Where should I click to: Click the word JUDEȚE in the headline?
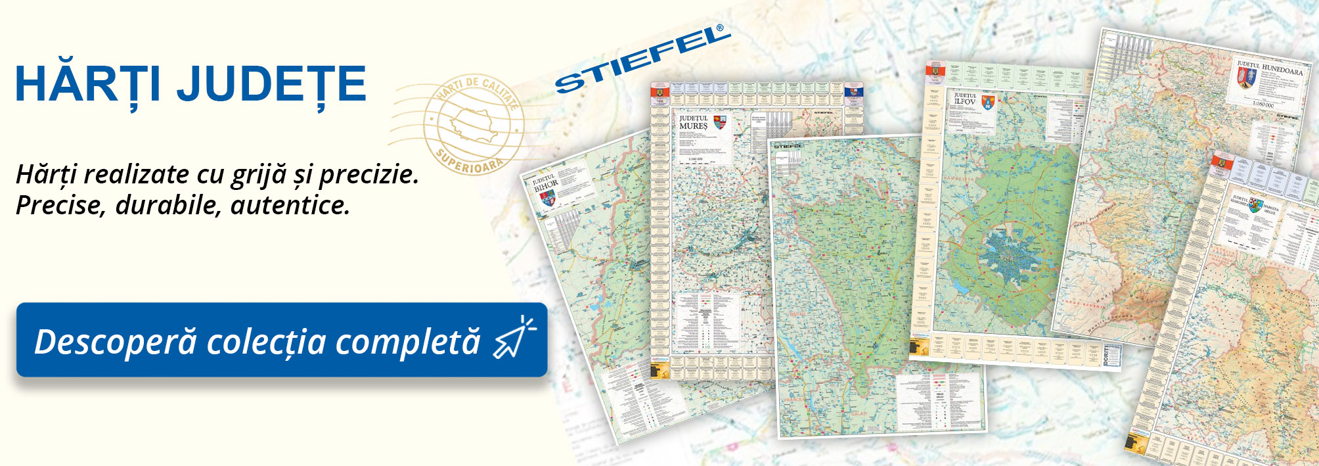coord(271,84)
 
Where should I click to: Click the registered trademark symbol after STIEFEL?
coord(720,28)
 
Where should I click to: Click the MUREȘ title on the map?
coord(693,125)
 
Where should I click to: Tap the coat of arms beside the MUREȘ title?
coord(719,122)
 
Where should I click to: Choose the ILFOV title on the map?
coord(965,102)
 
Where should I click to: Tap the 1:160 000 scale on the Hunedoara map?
coord(1263,104)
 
